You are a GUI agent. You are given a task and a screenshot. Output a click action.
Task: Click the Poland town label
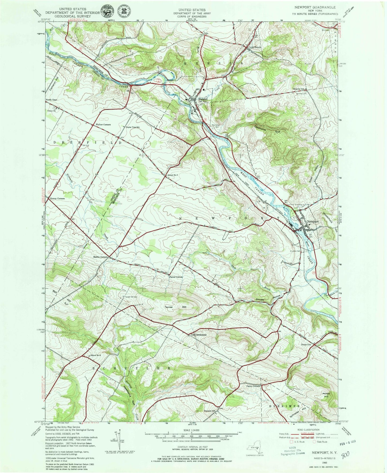pyautogui.click(x=203, y=99)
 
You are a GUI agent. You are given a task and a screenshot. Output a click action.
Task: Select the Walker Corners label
pyautogui.click(x=103, y=125)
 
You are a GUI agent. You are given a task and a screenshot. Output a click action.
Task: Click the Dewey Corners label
pyautogui.click(x=57, y=199)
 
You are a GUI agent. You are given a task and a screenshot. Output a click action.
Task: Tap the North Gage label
pyautogui.click(x=51, y=100)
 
